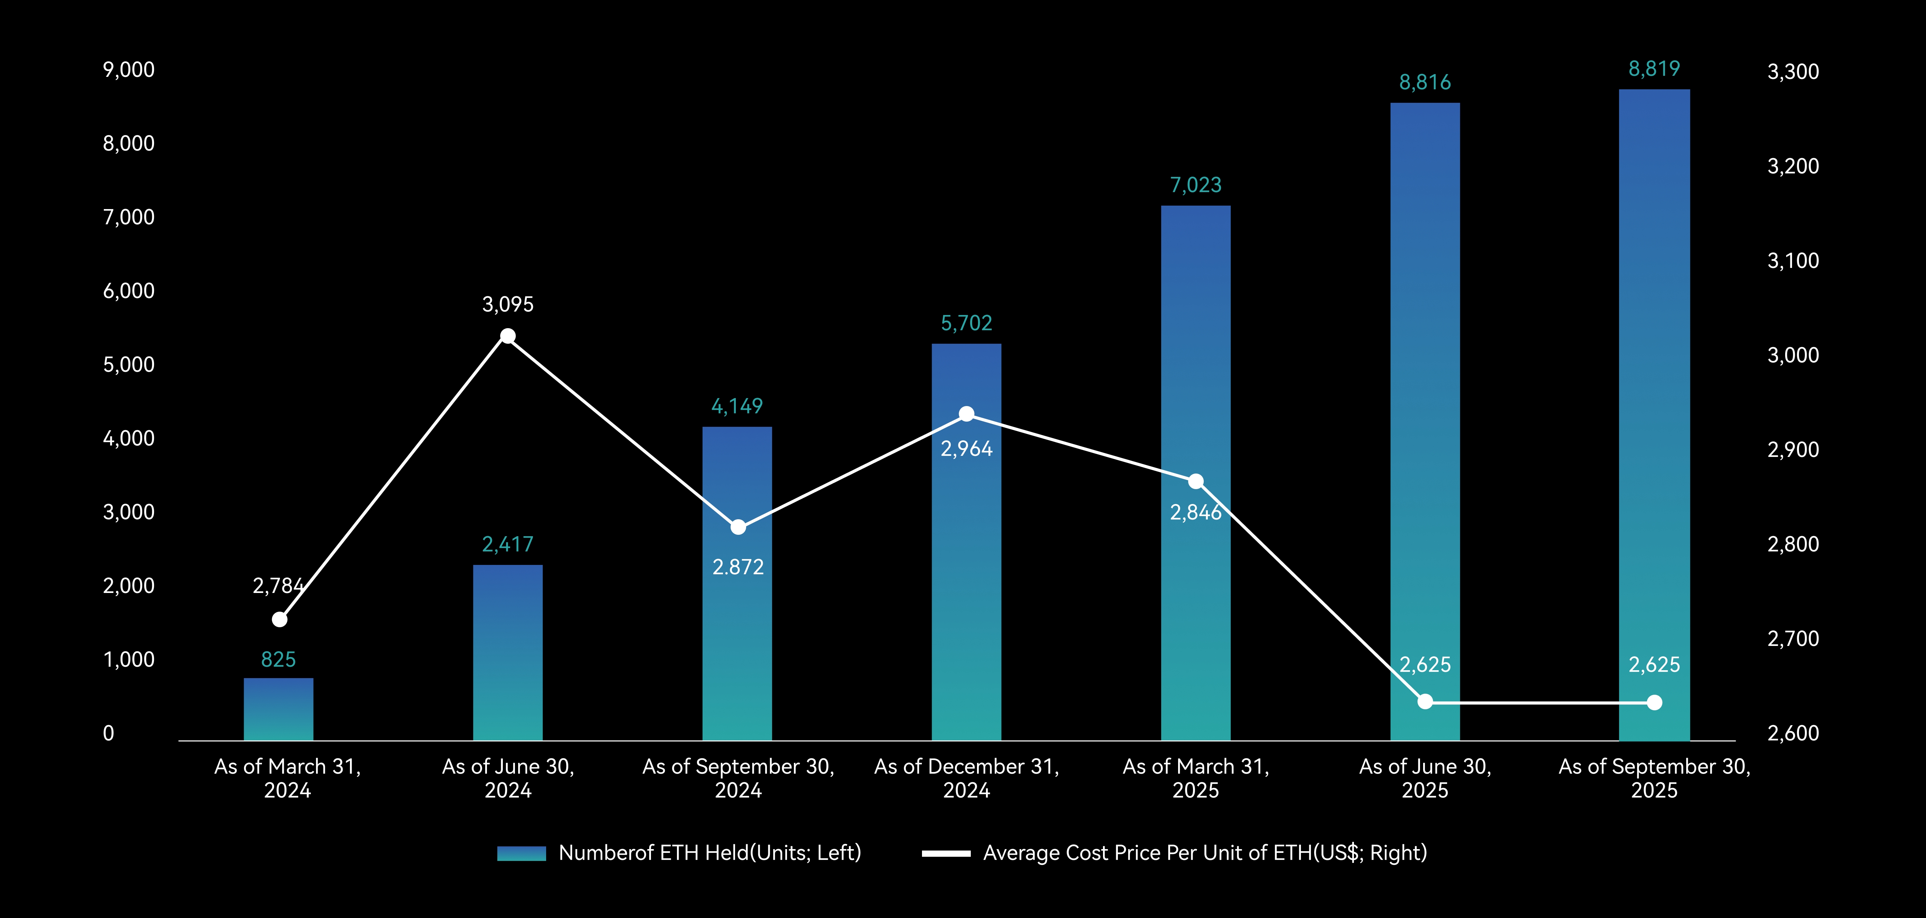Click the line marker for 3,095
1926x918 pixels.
coord(508,336)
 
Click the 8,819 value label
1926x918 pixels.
coord(1654,69)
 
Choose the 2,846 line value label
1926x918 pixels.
coord(1195,512)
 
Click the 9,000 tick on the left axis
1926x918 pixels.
coord(129,70)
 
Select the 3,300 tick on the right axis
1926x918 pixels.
coord(1793,72)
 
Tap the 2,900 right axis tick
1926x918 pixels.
coord(1793,449)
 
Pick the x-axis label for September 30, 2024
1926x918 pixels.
coord(738,778)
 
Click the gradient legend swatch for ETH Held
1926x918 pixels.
coord(521,853)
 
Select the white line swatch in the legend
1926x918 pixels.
coord(946,853)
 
